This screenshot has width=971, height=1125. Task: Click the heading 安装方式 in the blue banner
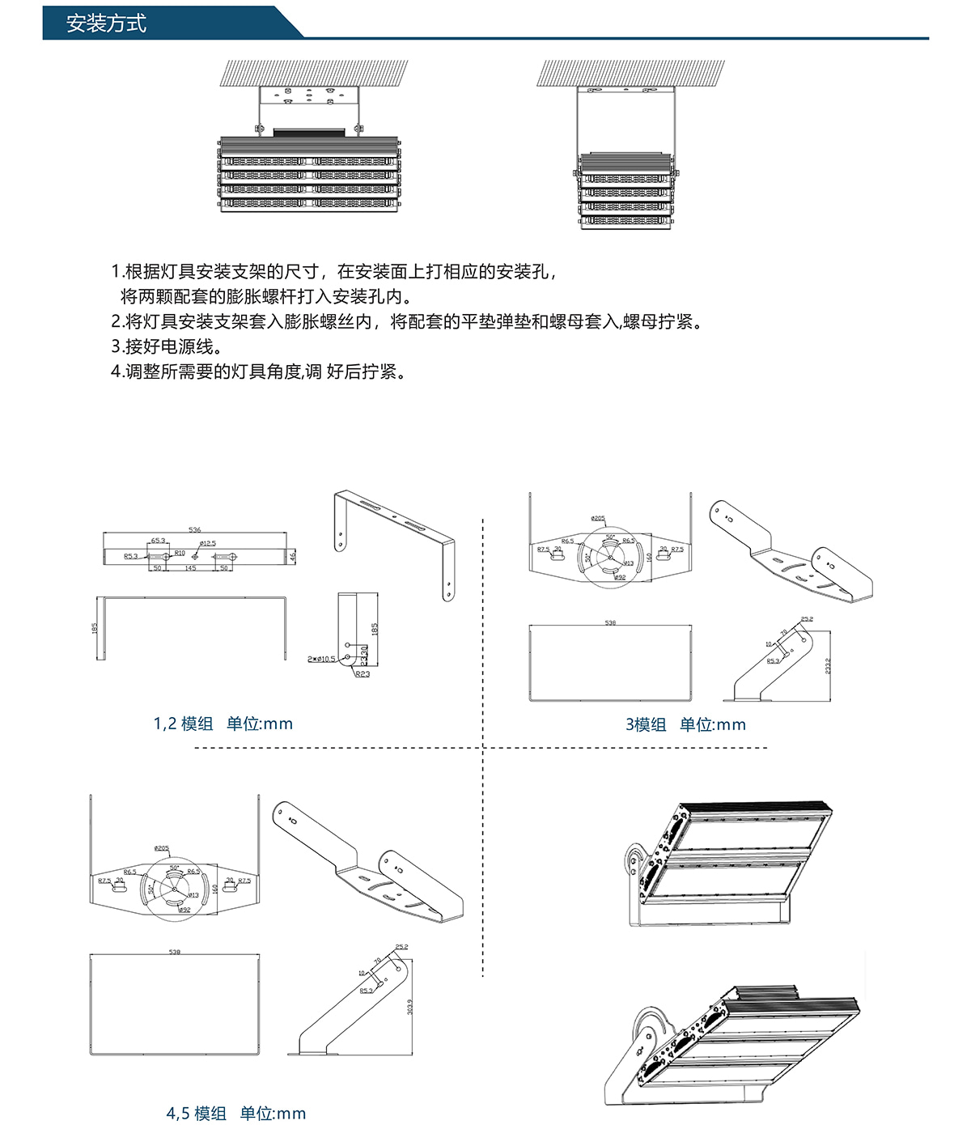[106, 23]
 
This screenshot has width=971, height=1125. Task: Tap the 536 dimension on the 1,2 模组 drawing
[194, 530]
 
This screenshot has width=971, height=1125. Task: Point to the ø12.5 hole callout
[207, 544]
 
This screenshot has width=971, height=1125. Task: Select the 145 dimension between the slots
[190, 568]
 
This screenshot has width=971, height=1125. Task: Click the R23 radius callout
[363, 673]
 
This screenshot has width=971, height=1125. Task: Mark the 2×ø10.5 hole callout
[321, 659]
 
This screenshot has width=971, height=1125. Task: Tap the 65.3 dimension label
[158, 541]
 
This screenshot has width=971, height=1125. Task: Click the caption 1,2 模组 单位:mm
[223, 724]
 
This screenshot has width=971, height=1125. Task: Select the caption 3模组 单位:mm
[685, 724]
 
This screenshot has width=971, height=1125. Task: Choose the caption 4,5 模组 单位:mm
[236, 1114]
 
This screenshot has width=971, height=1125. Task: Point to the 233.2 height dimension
[828, 665]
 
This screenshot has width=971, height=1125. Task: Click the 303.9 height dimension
[410, 1007]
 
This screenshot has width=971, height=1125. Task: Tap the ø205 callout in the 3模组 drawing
[598, 519]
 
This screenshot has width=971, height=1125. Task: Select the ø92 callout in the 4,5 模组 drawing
[184, 910]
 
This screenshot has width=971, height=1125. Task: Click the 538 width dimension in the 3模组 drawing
[610, 623]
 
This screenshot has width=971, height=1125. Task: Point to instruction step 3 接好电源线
[167, 346]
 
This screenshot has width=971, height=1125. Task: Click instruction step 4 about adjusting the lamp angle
[258, 371]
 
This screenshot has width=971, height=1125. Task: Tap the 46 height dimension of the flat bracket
[293, 556]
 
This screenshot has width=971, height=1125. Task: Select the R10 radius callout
[180, 554]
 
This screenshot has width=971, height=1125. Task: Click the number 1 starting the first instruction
[116, 272]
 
